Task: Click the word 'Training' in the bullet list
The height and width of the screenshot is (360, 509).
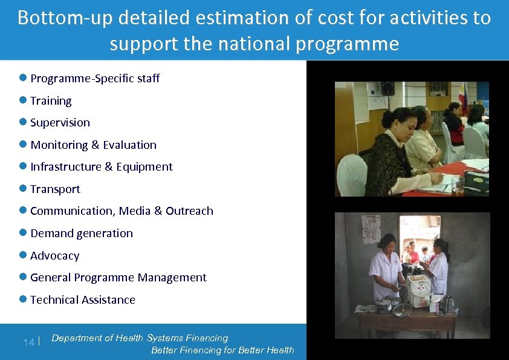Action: [x=51, y=100]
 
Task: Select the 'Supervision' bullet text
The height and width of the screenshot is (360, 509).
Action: [x=60, y=122]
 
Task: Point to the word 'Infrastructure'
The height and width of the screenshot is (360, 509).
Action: [x=66, y=166]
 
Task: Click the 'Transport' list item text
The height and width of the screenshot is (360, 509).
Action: [x=55, y=189]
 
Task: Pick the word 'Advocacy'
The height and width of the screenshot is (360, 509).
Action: [x=54, y=255]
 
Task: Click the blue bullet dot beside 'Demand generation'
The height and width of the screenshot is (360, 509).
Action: [x=23, y=232]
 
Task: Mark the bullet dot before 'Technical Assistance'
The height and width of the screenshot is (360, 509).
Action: [x=23, y=299]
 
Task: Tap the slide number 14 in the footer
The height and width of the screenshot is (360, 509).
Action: [x=28, y=342]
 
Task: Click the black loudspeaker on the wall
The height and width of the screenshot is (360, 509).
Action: [x=387, y=88]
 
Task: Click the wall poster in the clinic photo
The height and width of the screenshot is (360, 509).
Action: [x=371, y=229]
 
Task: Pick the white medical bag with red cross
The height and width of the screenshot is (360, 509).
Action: [x=419, y=291]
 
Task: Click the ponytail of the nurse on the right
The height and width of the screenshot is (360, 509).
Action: [x=448, y=247]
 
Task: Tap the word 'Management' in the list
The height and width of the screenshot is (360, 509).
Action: [x=172, y=277]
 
